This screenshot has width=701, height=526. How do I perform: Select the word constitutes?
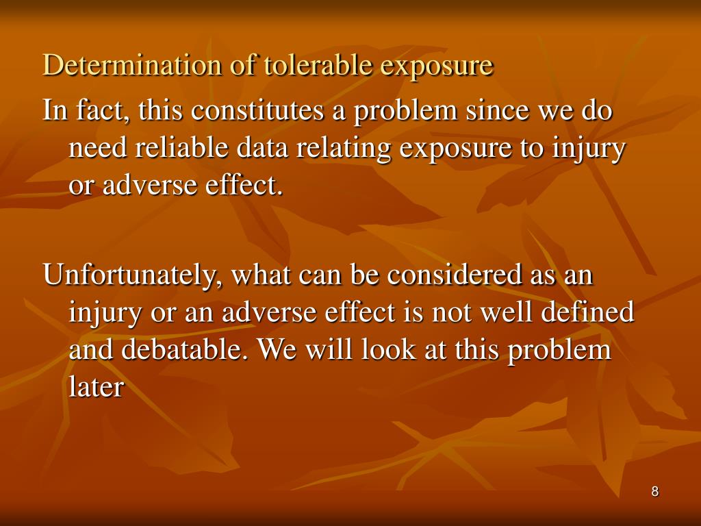[259, 110]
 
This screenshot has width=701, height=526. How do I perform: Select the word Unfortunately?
[130, 276]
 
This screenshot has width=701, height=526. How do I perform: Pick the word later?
[97, 388]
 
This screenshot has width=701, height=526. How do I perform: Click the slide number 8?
[655, 492]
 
